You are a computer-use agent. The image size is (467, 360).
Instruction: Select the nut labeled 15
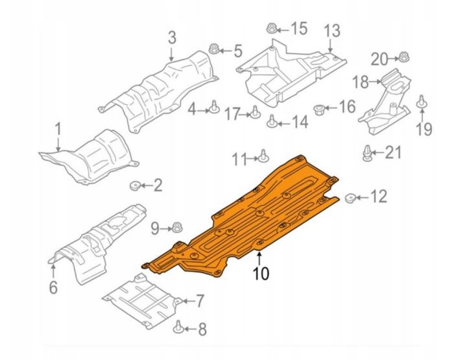point(272,29)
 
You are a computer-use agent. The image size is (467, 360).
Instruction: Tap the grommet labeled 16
point(320,107)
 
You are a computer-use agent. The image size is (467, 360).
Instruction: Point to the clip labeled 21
point(367,153)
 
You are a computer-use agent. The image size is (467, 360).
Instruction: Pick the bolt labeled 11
point(263,156)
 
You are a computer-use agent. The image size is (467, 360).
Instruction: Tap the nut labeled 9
point(178,228)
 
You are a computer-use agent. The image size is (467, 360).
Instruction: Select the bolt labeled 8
point(178,328)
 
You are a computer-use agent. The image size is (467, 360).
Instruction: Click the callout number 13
point(331,30)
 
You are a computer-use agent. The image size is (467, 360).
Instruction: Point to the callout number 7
point(199,301)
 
